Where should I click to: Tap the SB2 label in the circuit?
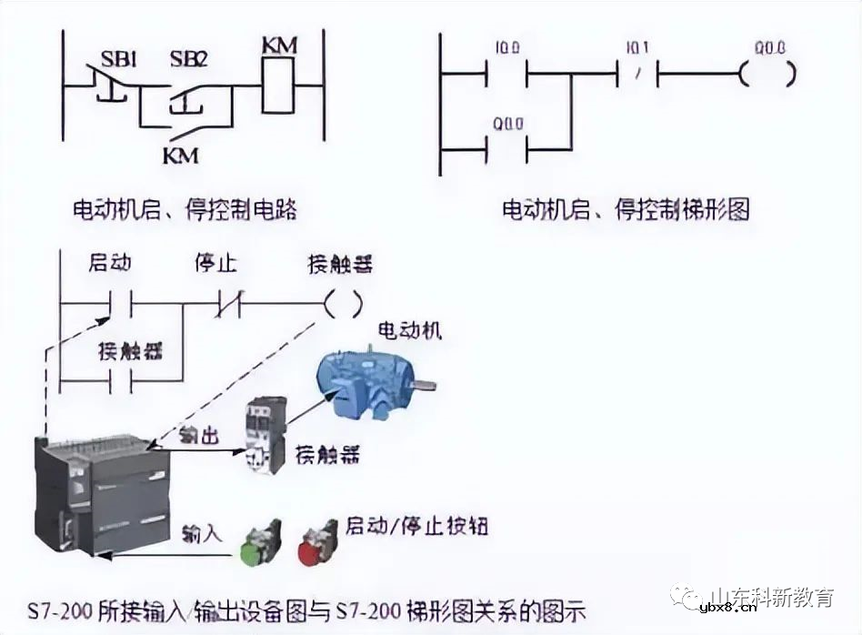coord(188,60)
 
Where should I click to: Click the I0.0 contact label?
coord(506,46)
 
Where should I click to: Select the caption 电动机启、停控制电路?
coord(185,210)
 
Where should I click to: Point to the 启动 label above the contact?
coord(110,264)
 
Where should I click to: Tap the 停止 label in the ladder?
coord(215,264)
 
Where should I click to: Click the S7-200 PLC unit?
coord(102,495)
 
